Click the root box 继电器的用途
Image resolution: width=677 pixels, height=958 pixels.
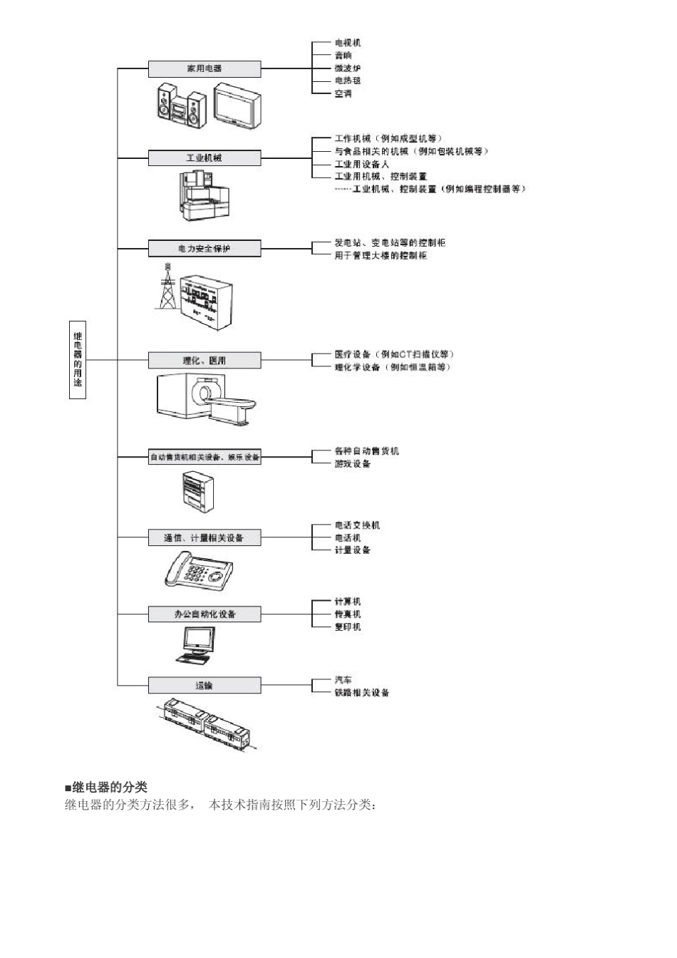(78, 359)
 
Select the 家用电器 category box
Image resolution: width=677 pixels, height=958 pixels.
(205, 68)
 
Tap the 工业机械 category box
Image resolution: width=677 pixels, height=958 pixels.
(205, 158)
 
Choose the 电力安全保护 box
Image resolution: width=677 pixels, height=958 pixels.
(205, 248)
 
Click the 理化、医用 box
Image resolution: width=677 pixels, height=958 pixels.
(205, 361)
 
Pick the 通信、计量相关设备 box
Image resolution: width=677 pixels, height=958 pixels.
(205, 537)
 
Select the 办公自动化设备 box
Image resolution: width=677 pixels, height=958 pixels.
(205, 614)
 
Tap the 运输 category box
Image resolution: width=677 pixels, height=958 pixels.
(205, 685)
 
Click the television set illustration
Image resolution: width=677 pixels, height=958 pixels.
(237, 106)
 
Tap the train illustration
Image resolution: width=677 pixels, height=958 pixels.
(206, 723)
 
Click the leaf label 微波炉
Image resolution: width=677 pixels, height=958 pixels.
(348, 68)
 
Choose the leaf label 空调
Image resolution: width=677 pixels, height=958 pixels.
(343, 93)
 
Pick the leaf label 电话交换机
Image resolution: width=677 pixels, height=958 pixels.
(357, 525)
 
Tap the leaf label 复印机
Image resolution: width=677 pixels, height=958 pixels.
(348, 627)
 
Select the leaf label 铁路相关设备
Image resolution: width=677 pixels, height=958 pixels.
(362, 693)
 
